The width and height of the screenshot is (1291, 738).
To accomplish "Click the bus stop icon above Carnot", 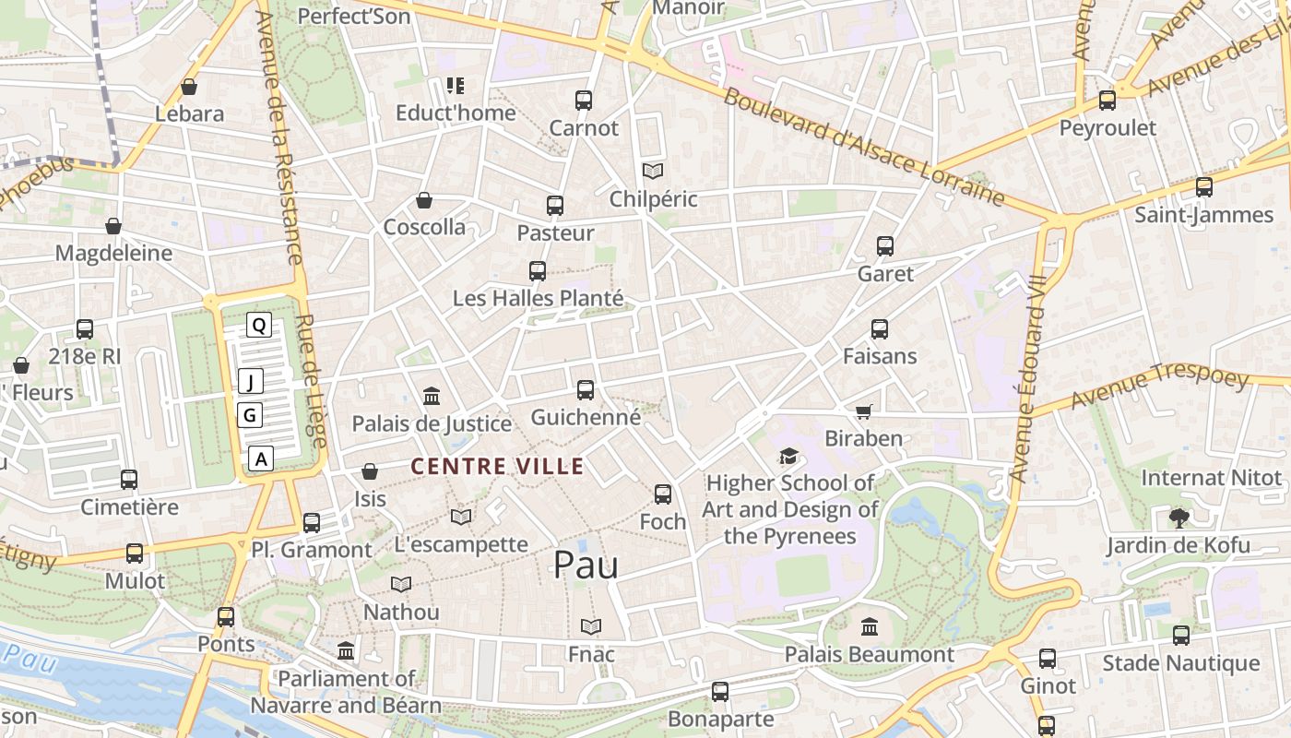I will point(583,100).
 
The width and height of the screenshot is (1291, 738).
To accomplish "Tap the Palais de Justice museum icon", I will point(431,397).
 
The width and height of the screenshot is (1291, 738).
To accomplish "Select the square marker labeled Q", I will point(259,325).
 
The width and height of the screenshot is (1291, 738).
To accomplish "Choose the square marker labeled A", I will point(262,458).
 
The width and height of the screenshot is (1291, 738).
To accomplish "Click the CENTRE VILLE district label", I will point(497,467).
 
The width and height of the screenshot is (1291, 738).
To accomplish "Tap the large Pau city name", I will point(586,565).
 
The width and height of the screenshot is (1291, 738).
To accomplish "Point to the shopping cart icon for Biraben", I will point(863,411).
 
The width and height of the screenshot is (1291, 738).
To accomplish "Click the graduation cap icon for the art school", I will point(788,456).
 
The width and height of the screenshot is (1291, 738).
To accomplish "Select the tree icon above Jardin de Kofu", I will point(1178,518).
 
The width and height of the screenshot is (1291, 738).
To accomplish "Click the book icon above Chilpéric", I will point(653,172).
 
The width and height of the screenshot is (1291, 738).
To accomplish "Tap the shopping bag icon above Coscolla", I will point(424,200).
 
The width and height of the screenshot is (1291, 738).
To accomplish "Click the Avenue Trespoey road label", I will point(1159,388).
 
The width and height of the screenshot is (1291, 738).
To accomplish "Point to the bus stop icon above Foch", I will point(662,494).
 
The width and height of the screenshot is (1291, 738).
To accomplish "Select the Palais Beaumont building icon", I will point(869,627).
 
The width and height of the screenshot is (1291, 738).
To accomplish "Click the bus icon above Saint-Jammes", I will point(1203,187).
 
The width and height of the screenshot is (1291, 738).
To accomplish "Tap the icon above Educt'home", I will point(455,86).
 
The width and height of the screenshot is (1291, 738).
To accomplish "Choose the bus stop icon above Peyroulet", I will point(1107,101).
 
